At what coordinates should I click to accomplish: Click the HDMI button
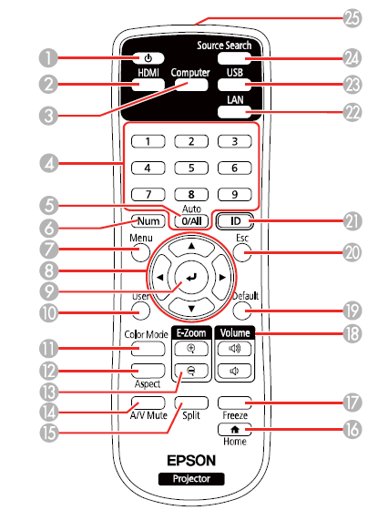148,87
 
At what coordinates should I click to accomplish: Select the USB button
236,88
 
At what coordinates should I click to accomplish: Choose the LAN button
236,113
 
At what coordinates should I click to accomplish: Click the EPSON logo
190,461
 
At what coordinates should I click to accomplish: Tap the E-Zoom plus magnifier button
190,348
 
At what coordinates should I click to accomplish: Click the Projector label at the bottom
190,478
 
